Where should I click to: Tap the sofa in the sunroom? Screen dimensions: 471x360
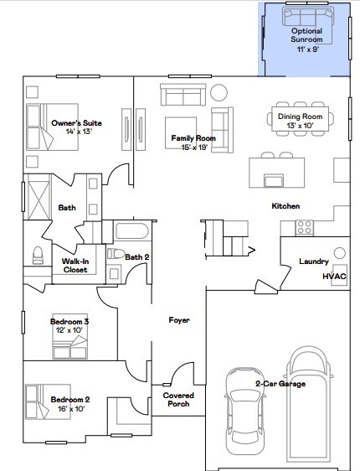click(306, 16)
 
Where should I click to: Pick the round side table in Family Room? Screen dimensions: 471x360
click(219, 92)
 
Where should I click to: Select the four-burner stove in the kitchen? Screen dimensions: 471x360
click(303, 226)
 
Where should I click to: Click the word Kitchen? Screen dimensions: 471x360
click(285, 205)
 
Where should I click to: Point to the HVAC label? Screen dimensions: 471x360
click(334, 277)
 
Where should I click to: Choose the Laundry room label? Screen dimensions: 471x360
click(314, 261)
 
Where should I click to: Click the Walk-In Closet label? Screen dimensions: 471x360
click(75, 265)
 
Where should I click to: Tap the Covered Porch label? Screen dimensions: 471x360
click(177, 399)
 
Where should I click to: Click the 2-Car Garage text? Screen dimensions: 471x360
click(280, 383)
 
